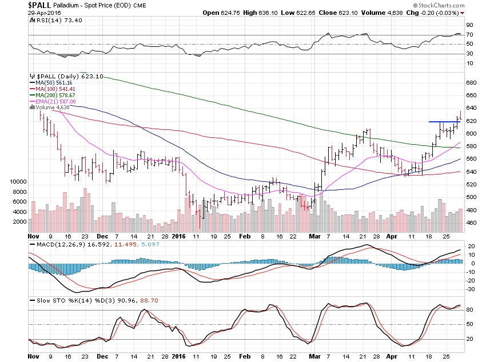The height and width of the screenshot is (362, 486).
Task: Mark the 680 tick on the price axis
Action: tap(471, 83)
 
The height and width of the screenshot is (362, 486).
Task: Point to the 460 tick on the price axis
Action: tap(471, 222)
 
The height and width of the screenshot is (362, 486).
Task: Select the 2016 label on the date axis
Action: tap(180, 235)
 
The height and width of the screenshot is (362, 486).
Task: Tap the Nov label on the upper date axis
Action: tap(34, 235)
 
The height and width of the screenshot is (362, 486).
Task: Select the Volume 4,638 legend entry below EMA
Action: tap(49, 107)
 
